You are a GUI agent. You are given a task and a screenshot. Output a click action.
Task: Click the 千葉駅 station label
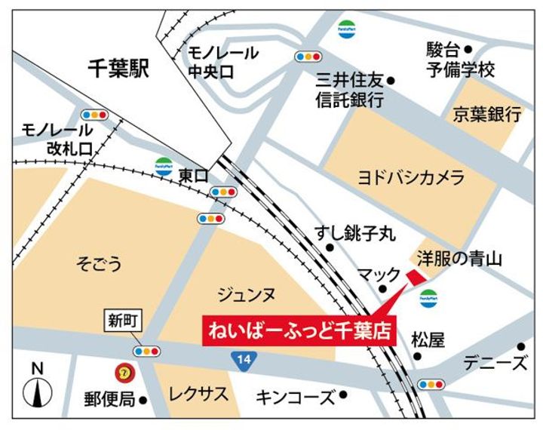click(x=118, y=71)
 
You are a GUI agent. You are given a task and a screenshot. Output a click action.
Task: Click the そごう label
click(x=99, y=263)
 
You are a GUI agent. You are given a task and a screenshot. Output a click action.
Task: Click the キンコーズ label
click(x=295, y=396)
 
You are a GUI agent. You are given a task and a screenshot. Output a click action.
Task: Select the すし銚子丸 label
click(x=354, y=235)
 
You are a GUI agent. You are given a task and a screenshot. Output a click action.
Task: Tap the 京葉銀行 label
click(x=487, y=115)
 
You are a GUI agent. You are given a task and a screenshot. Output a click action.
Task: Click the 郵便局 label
click(x=109, y=397)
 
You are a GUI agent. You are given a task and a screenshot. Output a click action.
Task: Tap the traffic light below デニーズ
click(x=431, y=383)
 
